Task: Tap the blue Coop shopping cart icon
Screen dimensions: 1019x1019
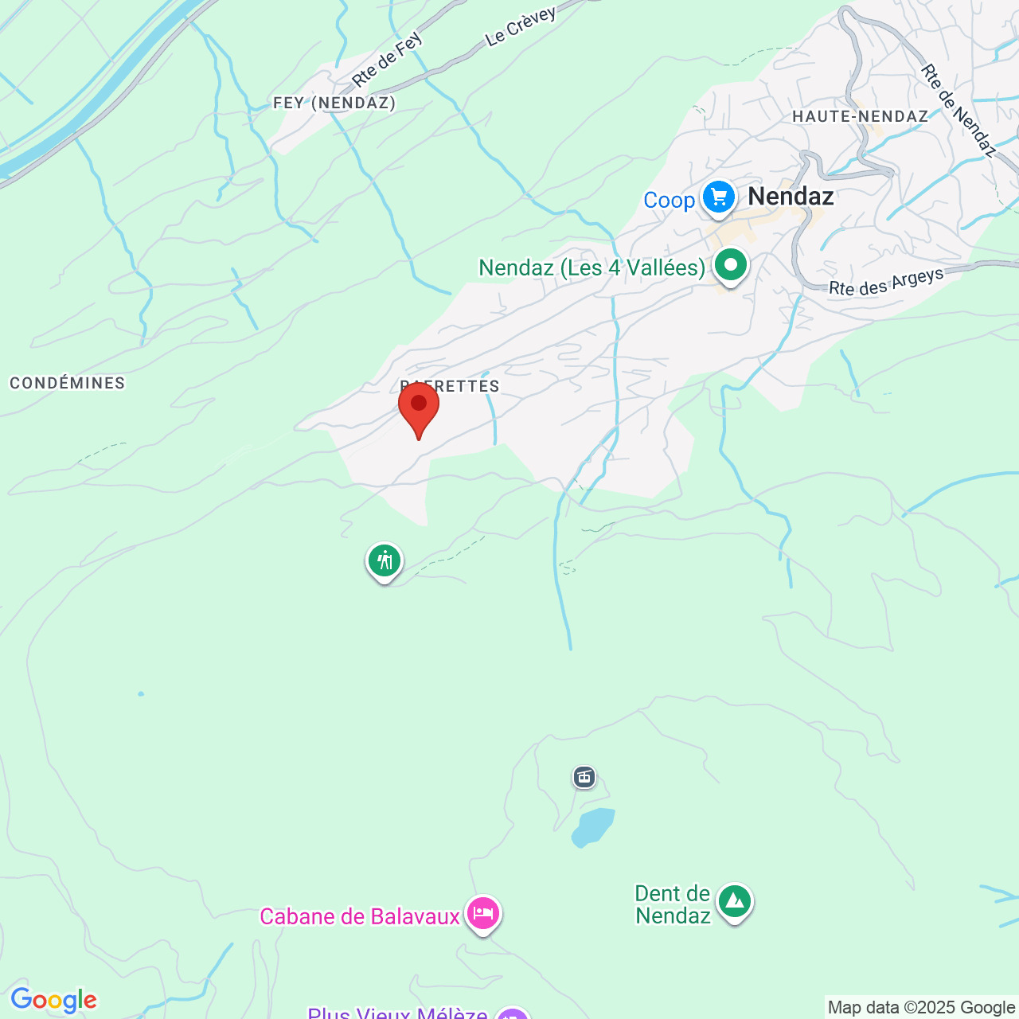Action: pos(719,197)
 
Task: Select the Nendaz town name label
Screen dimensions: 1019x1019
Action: pos(791,197)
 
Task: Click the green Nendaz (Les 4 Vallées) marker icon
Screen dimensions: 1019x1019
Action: pos(730,265)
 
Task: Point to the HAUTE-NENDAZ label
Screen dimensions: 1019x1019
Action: pos(860,116)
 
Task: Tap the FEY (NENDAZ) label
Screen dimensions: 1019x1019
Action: pos(334,103)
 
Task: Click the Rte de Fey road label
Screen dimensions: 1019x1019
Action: pos(388,60)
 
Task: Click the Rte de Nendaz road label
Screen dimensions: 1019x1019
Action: pos(958,110)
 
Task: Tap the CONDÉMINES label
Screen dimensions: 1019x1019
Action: pos(68,383)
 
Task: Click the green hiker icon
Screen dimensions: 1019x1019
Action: pos(385,560)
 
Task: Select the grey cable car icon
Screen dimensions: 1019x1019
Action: pos(584,777)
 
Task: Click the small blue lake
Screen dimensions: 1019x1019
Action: pos(593,827)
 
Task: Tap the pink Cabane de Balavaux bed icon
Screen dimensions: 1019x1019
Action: pos(482,913)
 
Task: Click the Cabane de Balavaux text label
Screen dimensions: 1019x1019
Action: pos(360,917)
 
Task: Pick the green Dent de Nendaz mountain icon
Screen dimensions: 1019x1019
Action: pos(734,902)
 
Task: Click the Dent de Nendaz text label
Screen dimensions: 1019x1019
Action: pos(673,904)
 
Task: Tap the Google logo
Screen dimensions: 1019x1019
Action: pos(53,1000)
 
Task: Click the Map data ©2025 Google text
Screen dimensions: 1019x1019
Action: pos(921,1008)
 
